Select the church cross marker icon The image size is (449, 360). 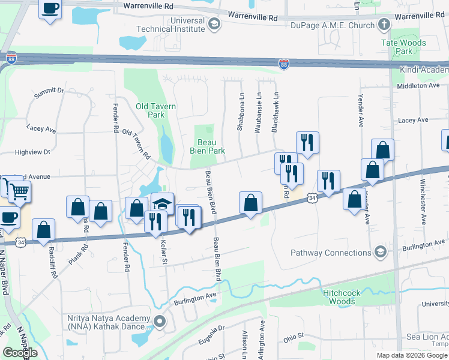point(385,25)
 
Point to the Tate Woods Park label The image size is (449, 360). point(403,47)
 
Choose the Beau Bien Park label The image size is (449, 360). point(208,146)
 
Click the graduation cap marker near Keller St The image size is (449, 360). point(163,204)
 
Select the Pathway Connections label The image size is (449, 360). point(330,253)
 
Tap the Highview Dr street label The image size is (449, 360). point(32,152)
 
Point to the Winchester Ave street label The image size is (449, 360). point(423,201)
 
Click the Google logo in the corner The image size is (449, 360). point(20,353)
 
